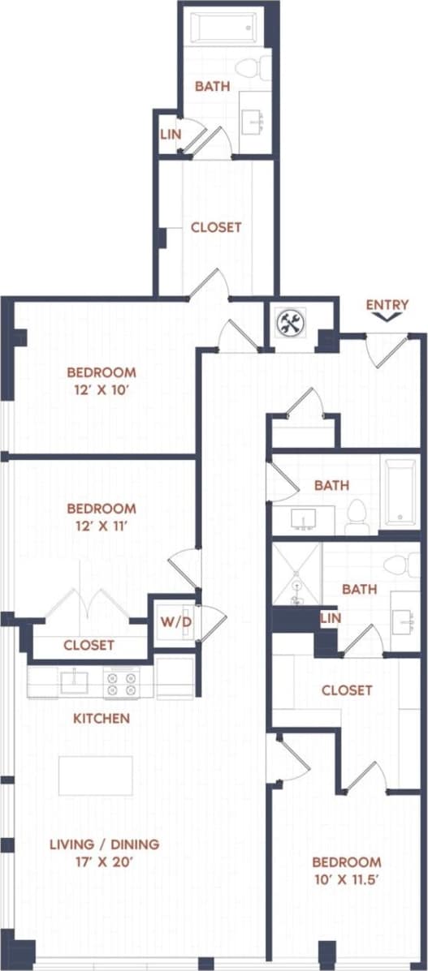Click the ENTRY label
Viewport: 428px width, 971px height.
[x=387, y=305]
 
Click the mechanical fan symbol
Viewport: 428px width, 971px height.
[x=289, y=324]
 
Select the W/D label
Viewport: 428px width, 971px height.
[x=173, y=623]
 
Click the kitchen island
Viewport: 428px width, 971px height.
[x=96, y=776]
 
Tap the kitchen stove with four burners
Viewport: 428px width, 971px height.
[x=122, y=683]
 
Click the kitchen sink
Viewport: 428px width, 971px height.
[x=74, y=681]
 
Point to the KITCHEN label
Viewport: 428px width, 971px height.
[x=102, y=719]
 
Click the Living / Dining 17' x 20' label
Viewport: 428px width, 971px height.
[x=104, y=853]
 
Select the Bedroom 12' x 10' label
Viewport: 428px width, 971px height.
[x=102, y=380]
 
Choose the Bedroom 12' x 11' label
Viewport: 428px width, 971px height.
[x=102, y=516]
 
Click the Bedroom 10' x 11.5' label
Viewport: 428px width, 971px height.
[x=347, y=869]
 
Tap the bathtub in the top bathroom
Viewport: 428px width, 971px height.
[x=223, y=28]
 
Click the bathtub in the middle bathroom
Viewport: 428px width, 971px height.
[x=398, y=493]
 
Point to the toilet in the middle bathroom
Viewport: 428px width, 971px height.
[x=357, y=517]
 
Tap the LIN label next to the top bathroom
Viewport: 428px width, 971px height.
[x=170, y=133]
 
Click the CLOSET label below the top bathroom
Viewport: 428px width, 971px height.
[x=216, y=227]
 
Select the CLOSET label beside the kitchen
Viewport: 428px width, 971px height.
[x=89, y=646]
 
